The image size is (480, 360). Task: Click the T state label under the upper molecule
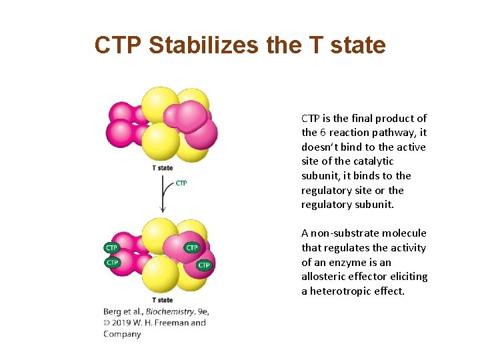[x=162, y=168]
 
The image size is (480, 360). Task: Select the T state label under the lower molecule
[x=162, y=300]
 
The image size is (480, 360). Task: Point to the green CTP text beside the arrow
[x=181, y=183]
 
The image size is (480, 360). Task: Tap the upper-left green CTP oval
[x=112, y=247]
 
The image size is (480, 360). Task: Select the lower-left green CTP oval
[x=112, y=262]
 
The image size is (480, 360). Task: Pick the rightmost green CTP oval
[x=204, y=265]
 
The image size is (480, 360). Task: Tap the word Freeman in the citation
[x=172, y=323]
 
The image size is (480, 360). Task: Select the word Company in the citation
[x=122, y=334]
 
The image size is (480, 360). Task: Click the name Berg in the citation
[x=113, y=311]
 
